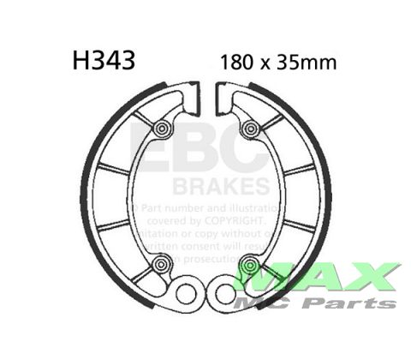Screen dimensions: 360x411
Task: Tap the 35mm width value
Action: coord(308,63)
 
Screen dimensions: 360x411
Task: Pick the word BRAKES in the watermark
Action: coord(222,186)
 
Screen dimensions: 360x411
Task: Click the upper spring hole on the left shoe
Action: coord(161,129)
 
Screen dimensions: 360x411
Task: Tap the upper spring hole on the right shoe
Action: coord(251,129)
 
